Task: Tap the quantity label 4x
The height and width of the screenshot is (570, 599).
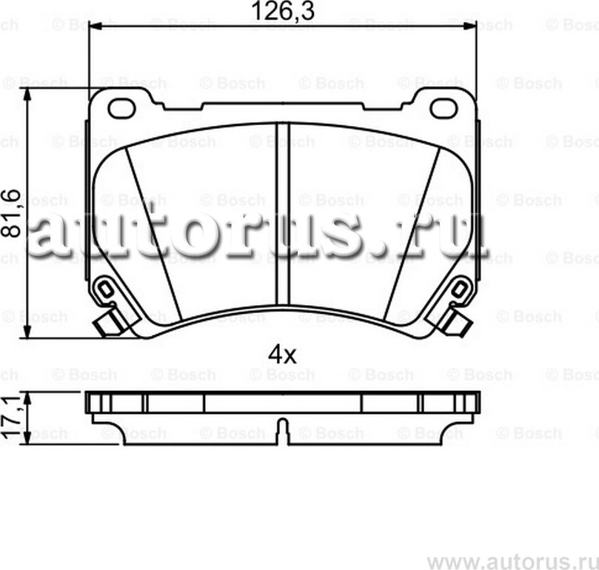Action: (282, 355)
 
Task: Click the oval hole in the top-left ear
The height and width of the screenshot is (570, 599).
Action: (121, 108)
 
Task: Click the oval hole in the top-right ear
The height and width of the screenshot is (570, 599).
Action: (444, 108)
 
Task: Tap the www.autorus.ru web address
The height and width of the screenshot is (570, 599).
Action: (511, 557)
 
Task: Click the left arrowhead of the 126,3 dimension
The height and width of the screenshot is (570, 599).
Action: (95, 26)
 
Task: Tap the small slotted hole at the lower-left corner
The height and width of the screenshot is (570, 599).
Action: (106, 288)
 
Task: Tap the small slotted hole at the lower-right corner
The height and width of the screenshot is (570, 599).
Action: (459, 288)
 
